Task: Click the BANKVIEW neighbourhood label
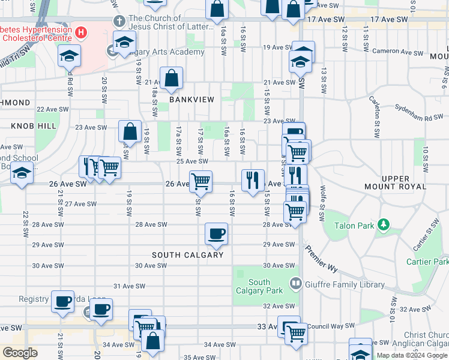(x=191, y=99)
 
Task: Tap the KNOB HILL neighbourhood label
(x=33, y=126)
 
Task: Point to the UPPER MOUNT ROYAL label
(x=396, y=182)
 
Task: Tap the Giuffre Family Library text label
(x=339, y=282)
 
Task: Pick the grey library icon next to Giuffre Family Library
(x=295, y=282)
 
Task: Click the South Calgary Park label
(x=259, y=286)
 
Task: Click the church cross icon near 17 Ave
(x=119, y=22)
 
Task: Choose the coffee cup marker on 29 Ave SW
(x=216, y=234)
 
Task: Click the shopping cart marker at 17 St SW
(x=200, y=181)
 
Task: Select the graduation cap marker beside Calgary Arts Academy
(x=124, y=43)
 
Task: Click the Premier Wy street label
(x=320, y=256)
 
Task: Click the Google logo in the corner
(x=20, y=353)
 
